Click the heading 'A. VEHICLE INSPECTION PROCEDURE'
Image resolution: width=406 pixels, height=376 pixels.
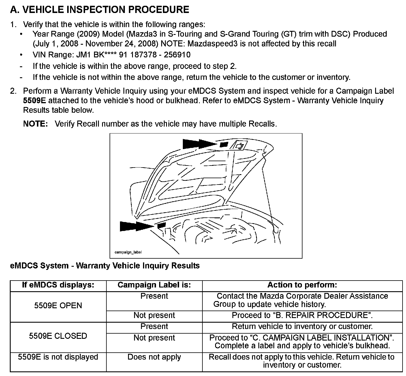[99, 10]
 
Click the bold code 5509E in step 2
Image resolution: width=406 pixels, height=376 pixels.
[34, 101]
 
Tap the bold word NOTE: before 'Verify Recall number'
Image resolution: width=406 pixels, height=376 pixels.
[35, 124]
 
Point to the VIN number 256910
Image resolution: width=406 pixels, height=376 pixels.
[177, 55]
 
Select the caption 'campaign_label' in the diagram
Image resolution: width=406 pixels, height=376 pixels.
[128, 252]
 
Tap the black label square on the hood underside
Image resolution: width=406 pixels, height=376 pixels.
[224, 144]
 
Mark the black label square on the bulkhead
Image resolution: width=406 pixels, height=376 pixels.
[162, 225]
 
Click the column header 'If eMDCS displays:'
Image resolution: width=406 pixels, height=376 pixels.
[58, 285]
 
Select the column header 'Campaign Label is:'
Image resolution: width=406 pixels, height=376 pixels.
[154, 285]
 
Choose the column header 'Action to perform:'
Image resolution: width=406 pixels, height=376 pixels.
[302, 285]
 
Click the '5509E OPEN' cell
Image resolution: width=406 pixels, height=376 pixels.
[58, 306]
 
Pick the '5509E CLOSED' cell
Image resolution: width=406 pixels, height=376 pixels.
[58, 336]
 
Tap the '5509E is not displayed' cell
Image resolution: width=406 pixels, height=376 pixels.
[58, 357]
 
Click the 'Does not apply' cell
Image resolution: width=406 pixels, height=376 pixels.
[154, 357]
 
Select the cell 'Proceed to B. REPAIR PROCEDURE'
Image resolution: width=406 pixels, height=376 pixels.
[302, 315]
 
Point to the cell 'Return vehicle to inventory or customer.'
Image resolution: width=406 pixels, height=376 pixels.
[302, 327]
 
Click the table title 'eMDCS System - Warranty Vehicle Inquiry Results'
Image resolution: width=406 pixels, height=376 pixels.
[105, 266]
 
